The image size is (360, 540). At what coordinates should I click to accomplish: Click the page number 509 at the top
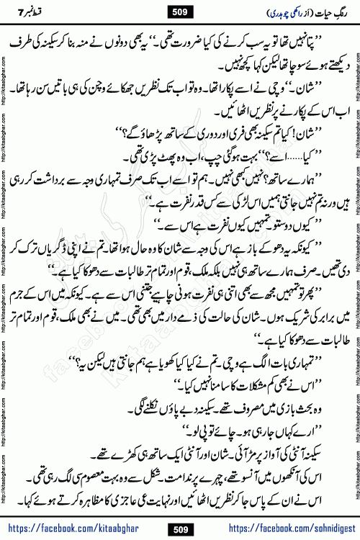point(180,11)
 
